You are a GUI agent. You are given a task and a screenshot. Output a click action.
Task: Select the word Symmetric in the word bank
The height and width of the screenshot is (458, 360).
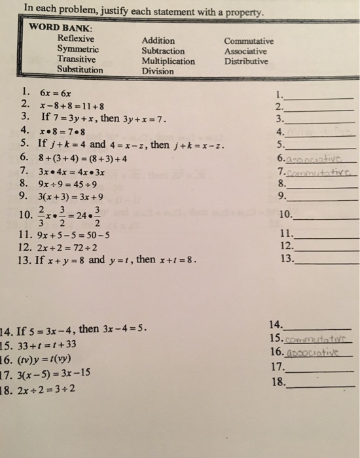pos(78,49)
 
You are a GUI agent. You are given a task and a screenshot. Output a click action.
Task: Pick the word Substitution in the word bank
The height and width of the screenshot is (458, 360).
pos(80,69)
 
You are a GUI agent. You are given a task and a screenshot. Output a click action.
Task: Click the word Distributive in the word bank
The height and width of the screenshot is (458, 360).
pos(246,62)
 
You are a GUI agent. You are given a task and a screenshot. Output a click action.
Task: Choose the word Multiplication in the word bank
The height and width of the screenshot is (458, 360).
pos(168,62)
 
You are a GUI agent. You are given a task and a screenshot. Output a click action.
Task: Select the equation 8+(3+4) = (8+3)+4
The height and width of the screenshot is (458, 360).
pos(83,157)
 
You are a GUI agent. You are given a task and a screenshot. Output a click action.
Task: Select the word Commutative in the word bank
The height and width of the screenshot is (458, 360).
pos(249,41)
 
